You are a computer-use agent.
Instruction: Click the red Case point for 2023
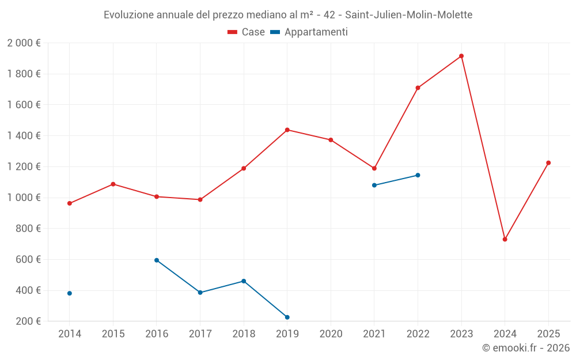pos(461,56)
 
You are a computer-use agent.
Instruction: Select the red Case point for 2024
pos(505,239)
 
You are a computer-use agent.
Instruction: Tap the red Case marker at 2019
pos(287,130)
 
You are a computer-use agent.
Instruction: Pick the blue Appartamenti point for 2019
pos(287,317)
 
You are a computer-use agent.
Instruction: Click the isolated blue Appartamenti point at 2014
pos(70,293)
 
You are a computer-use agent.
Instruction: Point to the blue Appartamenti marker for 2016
pos(157,260)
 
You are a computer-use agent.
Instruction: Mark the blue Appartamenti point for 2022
pos(418,175)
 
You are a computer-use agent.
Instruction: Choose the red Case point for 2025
pos(548,163)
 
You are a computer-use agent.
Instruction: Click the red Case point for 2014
pos(70,203)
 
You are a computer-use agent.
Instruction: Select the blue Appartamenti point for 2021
pos(374,185)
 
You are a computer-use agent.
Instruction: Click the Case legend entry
pos(247,32)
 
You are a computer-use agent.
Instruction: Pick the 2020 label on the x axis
pos(331,334)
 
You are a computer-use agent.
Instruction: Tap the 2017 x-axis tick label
pos(200,334)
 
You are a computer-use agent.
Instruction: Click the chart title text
pos(288,14)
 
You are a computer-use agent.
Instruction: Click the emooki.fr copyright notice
pos(526,348)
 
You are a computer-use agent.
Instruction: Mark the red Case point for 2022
pos(418,88)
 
